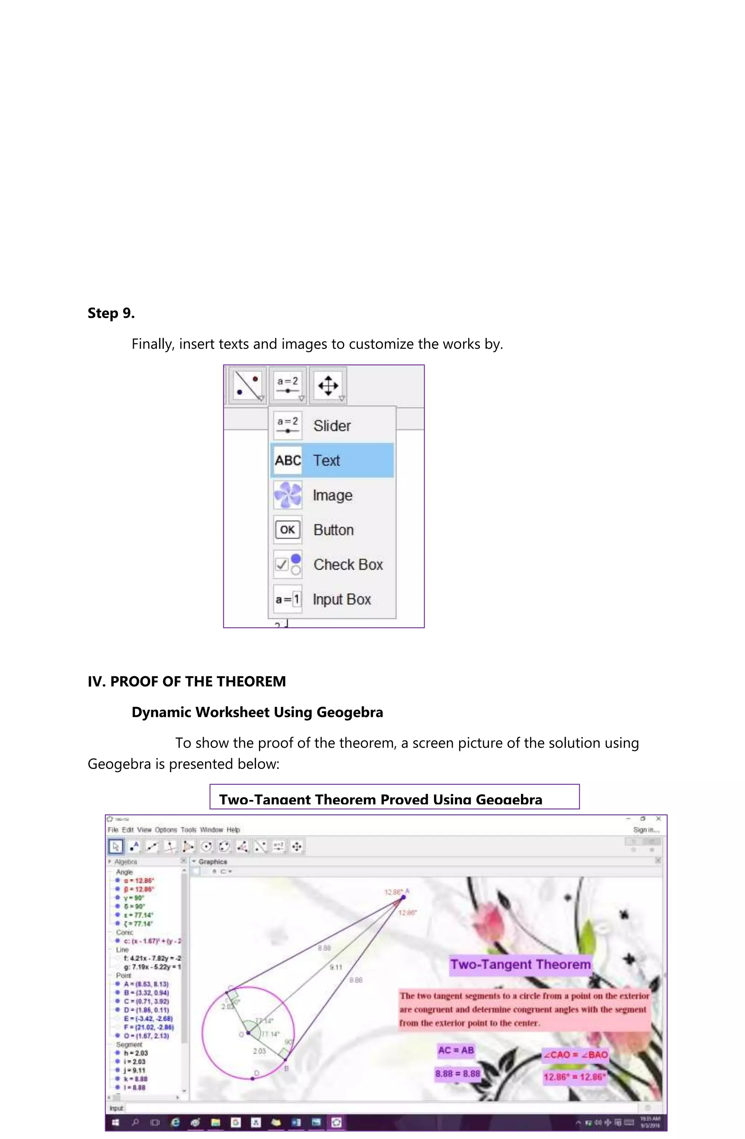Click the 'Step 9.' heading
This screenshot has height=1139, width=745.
pos(111,313)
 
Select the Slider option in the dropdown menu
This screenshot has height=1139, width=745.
pos(331,425)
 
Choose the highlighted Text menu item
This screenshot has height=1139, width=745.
pos(331,460)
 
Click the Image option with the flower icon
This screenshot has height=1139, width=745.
pos(332,495)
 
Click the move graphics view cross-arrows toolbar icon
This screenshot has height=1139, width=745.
pos(328,385)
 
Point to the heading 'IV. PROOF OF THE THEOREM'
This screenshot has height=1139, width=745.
pos(186,682)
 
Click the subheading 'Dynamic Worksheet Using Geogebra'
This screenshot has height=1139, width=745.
pos(257,712)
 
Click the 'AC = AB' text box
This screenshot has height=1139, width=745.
pos(455,1050)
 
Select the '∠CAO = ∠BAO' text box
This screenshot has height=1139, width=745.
pos(574,1054)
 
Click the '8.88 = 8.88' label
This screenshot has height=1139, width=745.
pos(457,1074)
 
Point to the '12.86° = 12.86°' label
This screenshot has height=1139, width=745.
pos(574,1077)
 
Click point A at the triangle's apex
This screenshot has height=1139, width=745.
pos(403,897)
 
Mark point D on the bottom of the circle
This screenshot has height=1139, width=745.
pos(253,1078)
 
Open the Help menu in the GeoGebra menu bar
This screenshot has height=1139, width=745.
pos(233,830)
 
